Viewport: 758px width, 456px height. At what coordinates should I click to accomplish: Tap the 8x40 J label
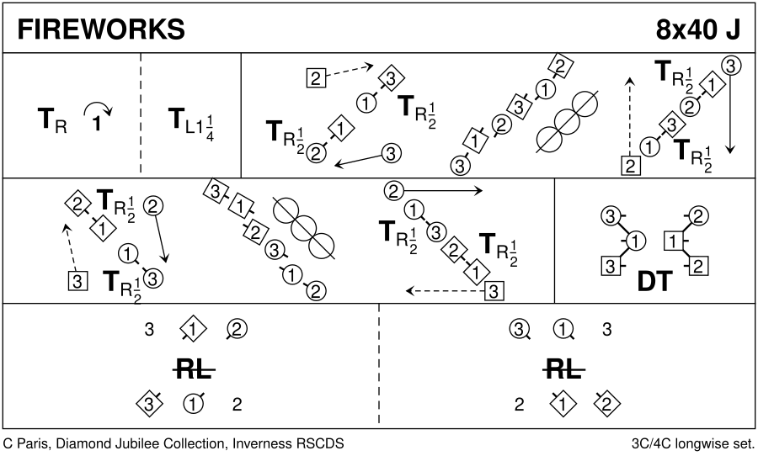click(698, 29)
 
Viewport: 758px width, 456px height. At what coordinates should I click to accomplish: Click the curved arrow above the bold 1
click(97, 109)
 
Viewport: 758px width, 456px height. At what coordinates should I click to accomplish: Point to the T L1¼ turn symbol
click(189, 123)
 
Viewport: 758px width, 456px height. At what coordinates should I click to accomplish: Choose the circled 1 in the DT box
click(638, 242)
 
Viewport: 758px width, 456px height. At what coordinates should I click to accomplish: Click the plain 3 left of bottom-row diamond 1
click(149, 330)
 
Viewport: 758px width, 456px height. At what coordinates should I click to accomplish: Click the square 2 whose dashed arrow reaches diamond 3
click(315, 79)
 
